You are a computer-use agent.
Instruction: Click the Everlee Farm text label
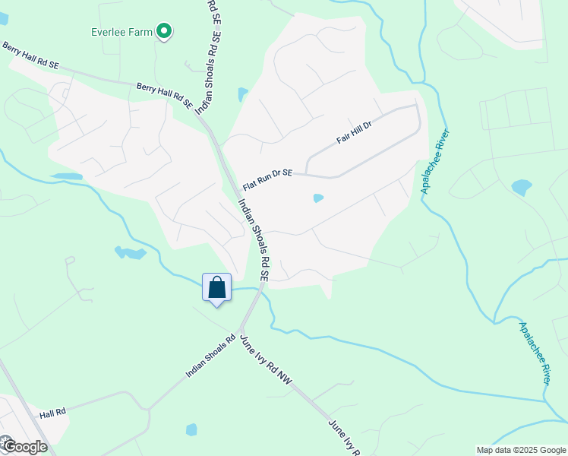(x=121, y=32)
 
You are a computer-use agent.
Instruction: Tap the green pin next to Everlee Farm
(x=163, y=31)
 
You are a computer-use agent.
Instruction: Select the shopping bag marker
(x=217, y=288)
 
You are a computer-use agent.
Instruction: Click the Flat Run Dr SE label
(x=267, y=179)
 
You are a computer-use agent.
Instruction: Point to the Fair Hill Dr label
(x=355, y=134)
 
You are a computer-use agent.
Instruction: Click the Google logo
(x=24, y=446)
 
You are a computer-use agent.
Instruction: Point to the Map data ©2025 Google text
(x=520, y=450)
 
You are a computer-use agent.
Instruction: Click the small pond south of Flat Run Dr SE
(x=318, y=198)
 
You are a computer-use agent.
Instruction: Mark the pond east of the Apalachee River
(x=522, y=186)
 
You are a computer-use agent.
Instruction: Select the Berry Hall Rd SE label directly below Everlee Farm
(x=165, y=94)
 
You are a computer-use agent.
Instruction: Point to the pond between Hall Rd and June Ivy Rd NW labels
(x=191, y=429)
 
